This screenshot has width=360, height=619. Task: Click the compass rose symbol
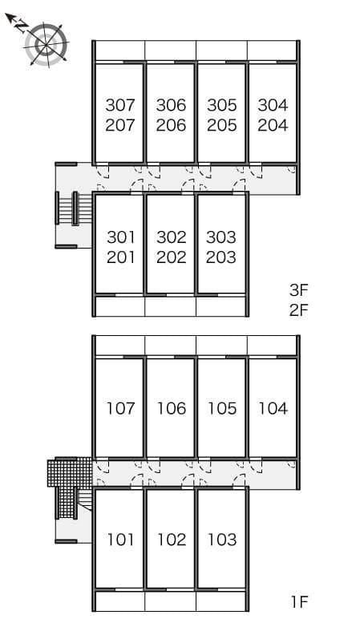47,45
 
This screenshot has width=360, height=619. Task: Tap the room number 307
120,105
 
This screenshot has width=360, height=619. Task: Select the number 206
171,125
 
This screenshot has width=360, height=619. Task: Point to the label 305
222,105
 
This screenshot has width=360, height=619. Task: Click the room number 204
273,125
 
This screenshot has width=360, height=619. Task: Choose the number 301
121,237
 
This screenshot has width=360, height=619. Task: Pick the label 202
172,257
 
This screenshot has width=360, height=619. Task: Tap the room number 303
221,237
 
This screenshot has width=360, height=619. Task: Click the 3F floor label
298,290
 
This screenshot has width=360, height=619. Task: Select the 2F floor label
298,310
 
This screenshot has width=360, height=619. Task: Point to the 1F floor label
300,602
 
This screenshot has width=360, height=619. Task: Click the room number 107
121,408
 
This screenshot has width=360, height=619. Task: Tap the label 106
172,408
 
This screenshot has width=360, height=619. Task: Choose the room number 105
222,408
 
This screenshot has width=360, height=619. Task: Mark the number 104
273,408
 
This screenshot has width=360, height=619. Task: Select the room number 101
121,540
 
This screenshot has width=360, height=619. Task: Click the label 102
172,540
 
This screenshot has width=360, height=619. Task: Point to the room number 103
222,540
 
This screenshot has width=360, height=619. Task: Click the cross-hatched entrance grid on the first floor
69,474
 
